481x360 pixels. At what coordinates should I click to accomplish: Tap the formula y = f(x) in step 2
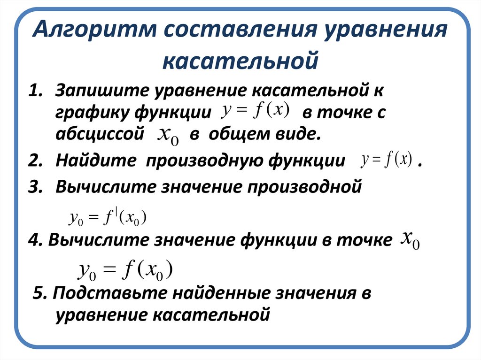tap(387, 160)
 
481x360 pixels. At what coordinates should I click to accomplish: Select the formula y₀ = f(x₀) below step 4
tap(126, 270)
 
